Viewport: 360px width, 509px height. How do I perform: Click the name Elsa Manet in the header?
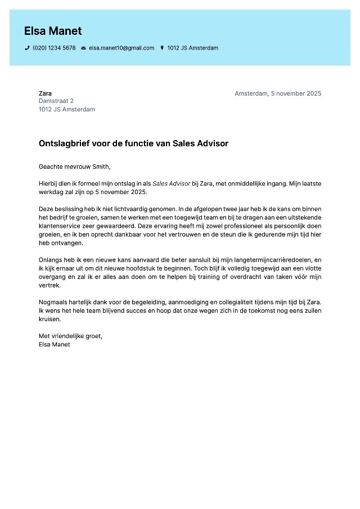point(53,31)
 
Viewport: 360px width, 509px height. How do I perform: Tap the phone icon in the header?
point(27,48)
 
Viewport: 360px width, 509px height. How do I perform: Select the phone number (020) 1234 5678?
point(54,48)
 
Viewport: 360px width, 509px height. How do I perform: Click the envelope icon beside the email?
point(83,48)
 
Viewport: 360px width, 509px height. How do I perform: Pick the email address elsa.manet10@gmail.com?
point(121,48)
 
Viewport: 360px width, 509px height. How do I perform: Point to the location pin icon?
point(162,48)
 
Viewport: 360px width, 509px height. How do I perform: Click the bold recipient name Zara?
point(45,93)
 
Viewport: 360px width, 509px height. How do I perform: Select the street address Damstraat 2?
point(56,101)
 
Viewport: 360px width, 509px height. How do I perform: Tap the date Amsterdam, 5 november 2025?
point(278,93)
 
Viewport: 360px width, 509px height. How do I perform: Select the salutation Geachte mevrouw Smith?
point(75,166)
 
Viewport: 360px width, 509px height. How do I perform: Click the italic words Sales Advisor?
point(171,183)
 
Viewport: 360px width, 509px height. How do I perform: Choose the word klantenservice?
point(59,226)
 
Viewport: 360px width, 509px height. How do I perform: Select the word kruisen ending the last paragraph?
point(49,319)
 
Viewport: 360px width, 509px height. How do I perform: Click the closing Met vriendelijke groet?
point(70,336)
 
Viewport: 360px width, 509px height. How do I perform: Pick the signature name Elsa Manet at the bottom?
point(55,345)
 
